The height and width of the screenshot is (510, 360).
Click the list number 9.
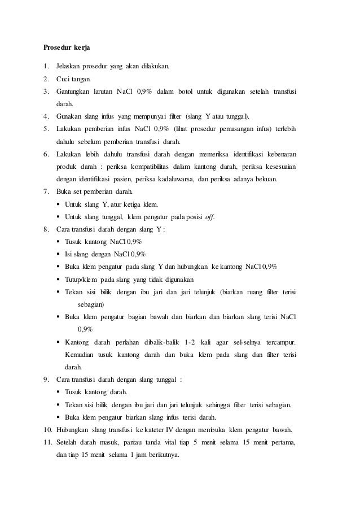point(47,380)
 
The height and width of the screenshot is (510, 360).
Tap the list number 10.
point(48,430)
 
